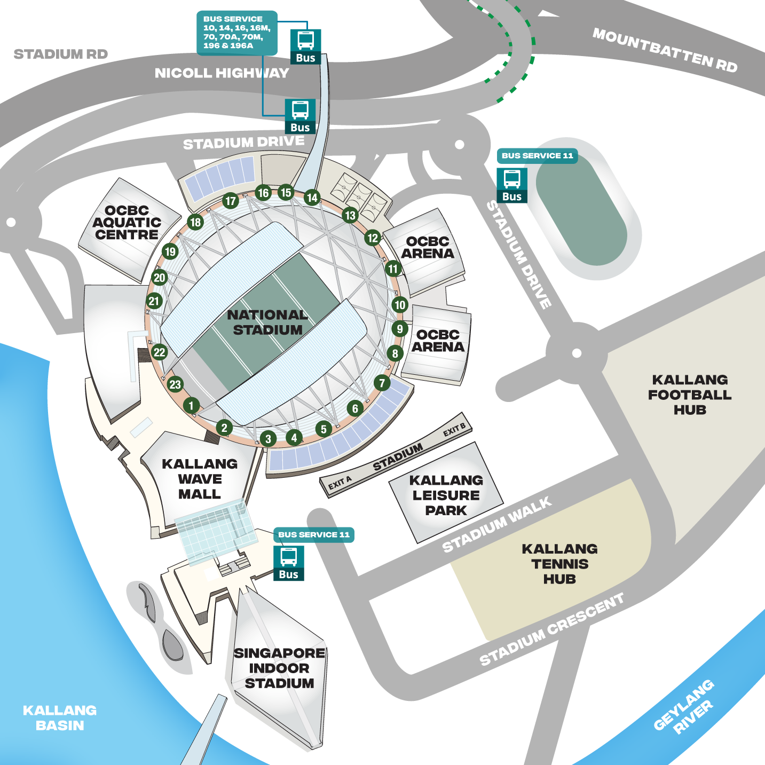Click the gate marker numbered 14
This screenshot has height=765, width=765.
pyautogui.click(x=312, y=198)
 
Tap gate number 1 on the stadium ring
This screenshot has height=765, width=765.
pyautogui.click(x=191, y=405)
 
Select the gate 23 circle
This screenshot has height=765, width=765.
pyautogui.click(x=175, y=384)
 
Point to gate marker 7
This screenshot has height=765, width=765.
pyautogui.click(x=382, y=382)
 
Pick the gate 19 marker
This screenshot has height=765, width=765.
pyautogui.click(x=170, y=251)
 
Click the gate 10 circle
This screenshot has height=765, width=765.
pyautogui.click(x=400, y=304)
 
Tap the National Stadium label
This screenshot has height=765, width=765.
pyautogui.click(x=267, y=322)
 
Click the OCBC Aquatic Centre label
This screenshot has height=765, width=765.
pyautogui.click(x=127, y=223)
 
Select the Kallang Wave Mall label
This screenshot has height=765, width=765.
pyautogui.click(x=200, y=479)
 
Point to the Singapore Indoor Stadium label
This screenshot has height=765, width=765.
pyautogui.click(x=279, y=668)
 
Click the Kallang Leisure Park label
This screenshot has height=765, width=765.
pyautogui.click(x=446, y=495)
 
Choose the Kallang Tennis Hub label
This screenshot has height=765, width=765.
pyautogui.click(x=559, y=564)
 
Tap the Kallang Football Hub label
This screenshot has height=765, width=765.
pyautogui.click(x=690, y=395)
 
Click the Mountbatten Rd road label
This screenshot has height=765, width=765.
pyautogui.click(x=665, y=50)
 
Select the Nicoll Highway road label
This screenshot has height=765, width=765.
pyautogui.click(x=222, y=73)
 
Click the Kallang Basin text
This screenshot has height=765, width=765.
pyautogui.click(x=60, y=717)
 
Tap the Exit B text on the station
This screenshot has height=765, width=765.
pyautogui.click(x=454, y=429)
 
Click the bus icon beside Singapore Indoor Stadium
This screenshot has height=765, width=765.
pyautogui.click(x=289, y=563)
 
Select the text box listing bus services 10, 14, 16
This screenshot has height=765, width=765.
pyautogui.click(x=236, y=33)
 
